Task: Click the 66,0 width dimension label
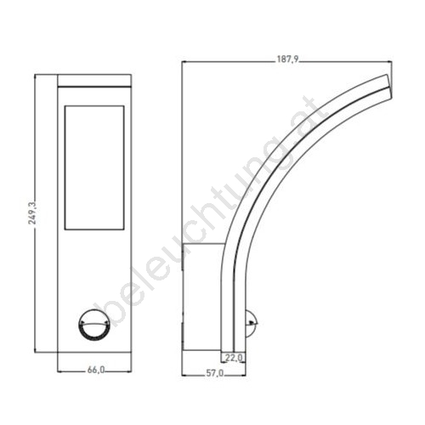(x=96, y=370)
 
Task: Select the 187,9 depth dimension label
(x=287, y=59)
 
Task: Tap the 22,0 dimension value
(x=234, y=358)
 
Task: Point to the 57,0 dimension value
(x=214, y=373)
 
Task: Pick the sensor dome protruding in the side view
(x=252, y=323)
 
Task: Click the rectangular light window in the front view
(x=94, y=167)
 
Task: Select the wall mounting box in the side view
(x=201, y=297)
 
